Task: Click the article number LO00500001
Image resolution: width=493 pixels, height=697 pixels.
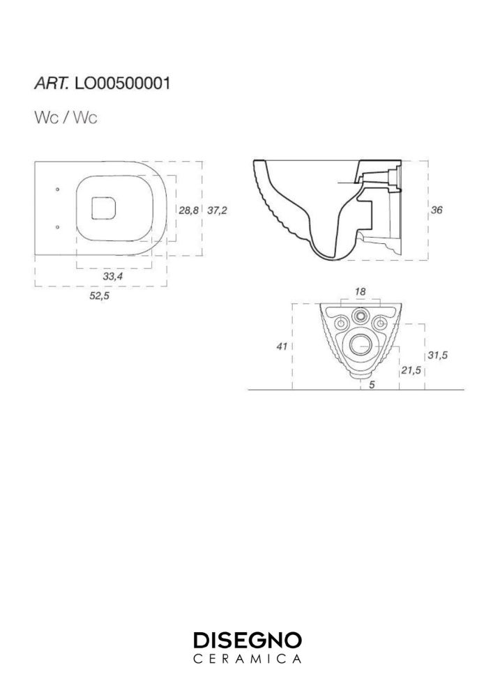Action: pyautogui.click(x=123, y=83)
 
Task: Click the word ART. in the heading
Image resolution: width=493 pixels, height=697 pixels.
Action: pyautogui.click(x=52, y=83)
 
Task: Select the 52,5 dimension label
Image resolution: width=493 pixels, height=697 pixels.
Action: pyautogui.click(x=99, y=296)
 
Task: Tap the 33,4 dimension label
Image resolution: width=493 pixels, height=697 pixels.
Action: pyautogui.click(x=113, y=277)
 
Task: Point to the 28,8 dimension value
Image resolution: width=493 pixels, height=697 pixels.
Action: pyautogui.click(x=189, y=210)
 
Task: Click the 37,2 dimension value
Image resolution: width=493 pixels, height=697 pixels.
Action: pyautogui.click(x=217, y=210)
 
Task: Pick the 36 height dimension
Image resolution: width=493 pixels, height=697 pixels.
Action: pyautogui.click(x=437, y=210)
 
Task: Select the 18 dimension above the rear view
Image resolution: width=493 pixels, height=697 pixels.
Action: pyautogui.click(x=360, y=291)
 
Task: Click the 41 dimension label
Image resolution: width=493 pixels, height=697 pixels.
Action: pyautogui.click(x=282, y=346)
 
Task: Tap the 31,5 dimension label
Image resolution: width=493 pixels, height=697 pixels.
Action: pyautogui.click(x=438, y=355)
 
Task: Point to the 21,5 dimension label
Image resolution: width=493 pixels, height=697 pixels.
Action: pyautogui.click(x=411, y=370)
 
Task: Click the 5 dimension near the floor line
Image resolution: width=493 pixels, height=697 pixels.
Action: pyautogui.click(x=372, y=385)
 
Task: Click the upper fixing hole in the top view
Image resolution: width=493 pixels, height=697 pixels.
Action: pyautogui.click(x=57, y=190)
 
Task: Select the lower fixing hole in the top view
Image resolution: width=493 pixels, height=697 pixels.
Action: pyautogui.click(x=57, y=227)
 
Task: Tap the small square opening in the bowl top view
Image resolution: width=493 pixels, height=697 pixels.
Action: pyautogui.click(x=104, y=208)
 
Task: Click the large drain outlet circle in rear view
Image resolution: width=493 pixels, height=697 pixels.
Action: pyautogui.click(x=361, y=346)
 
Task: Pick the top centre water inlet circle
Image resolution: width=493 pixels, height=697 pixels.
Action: pyautogui.click(x=360, y=316)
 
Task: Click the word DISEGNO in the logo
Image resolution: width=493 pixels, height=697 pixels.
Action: pyautogui.click(x=248, y=641)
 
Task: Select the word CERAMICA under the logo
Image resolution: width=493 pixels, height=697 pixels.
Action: pyautogui.click(x=248, y=659)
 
